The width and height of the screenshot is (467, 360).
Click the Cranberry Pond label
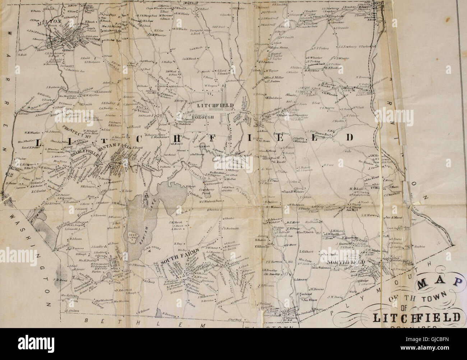click(x=219, y=190)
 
